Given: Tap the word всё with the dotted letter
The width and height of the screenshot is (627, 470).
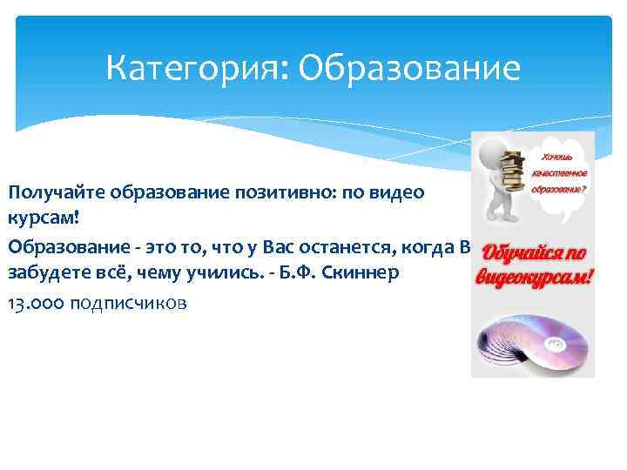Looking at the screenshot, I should click(103, 274).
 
